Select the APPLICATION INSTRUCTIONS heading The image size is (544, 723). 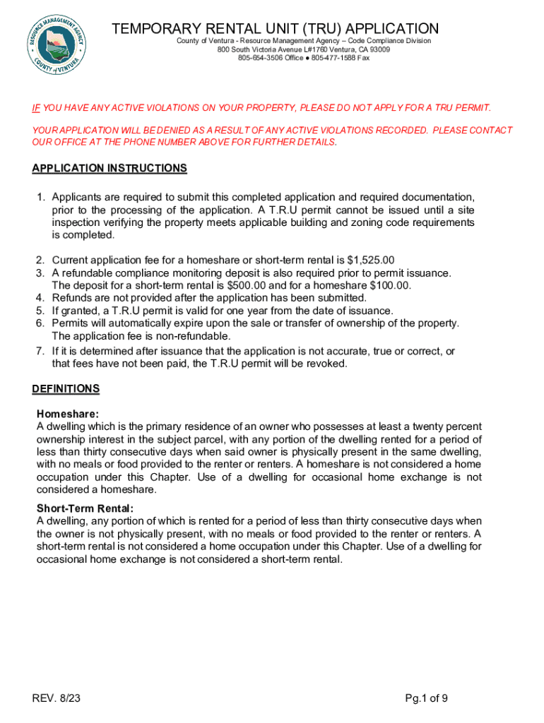[110, 168]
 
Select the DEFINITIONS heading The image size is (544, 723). [66, 389]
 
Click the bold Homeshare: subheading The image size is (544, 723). [68, 414]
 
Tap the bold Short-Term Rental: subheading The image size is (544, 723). [85, 508]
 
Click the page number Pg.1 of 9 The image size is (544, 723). [426, 699]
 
